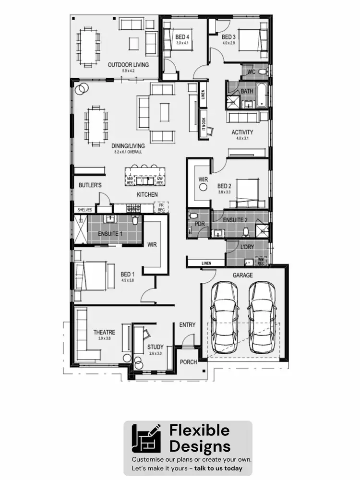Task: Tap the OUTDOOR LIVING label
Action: coord(128,65)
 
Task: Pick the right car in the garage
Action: coord(261,315)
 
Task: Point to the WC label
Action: coord(251,72)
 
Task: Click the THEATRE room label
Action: coord(104,332)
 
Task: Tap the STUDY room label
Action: coord(155,347)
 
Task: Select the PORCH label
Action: coord(188,362)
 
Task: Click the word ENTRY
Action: coord(187,325)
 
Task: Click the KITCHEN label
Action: coord(147,194)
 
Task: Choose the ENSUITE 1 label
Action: coord(111,234)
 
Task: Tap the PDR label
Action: coord(200,224)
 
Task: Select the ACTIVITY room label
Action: coord(242,132)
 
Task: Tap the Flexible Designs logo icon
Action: coord(147,440)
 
